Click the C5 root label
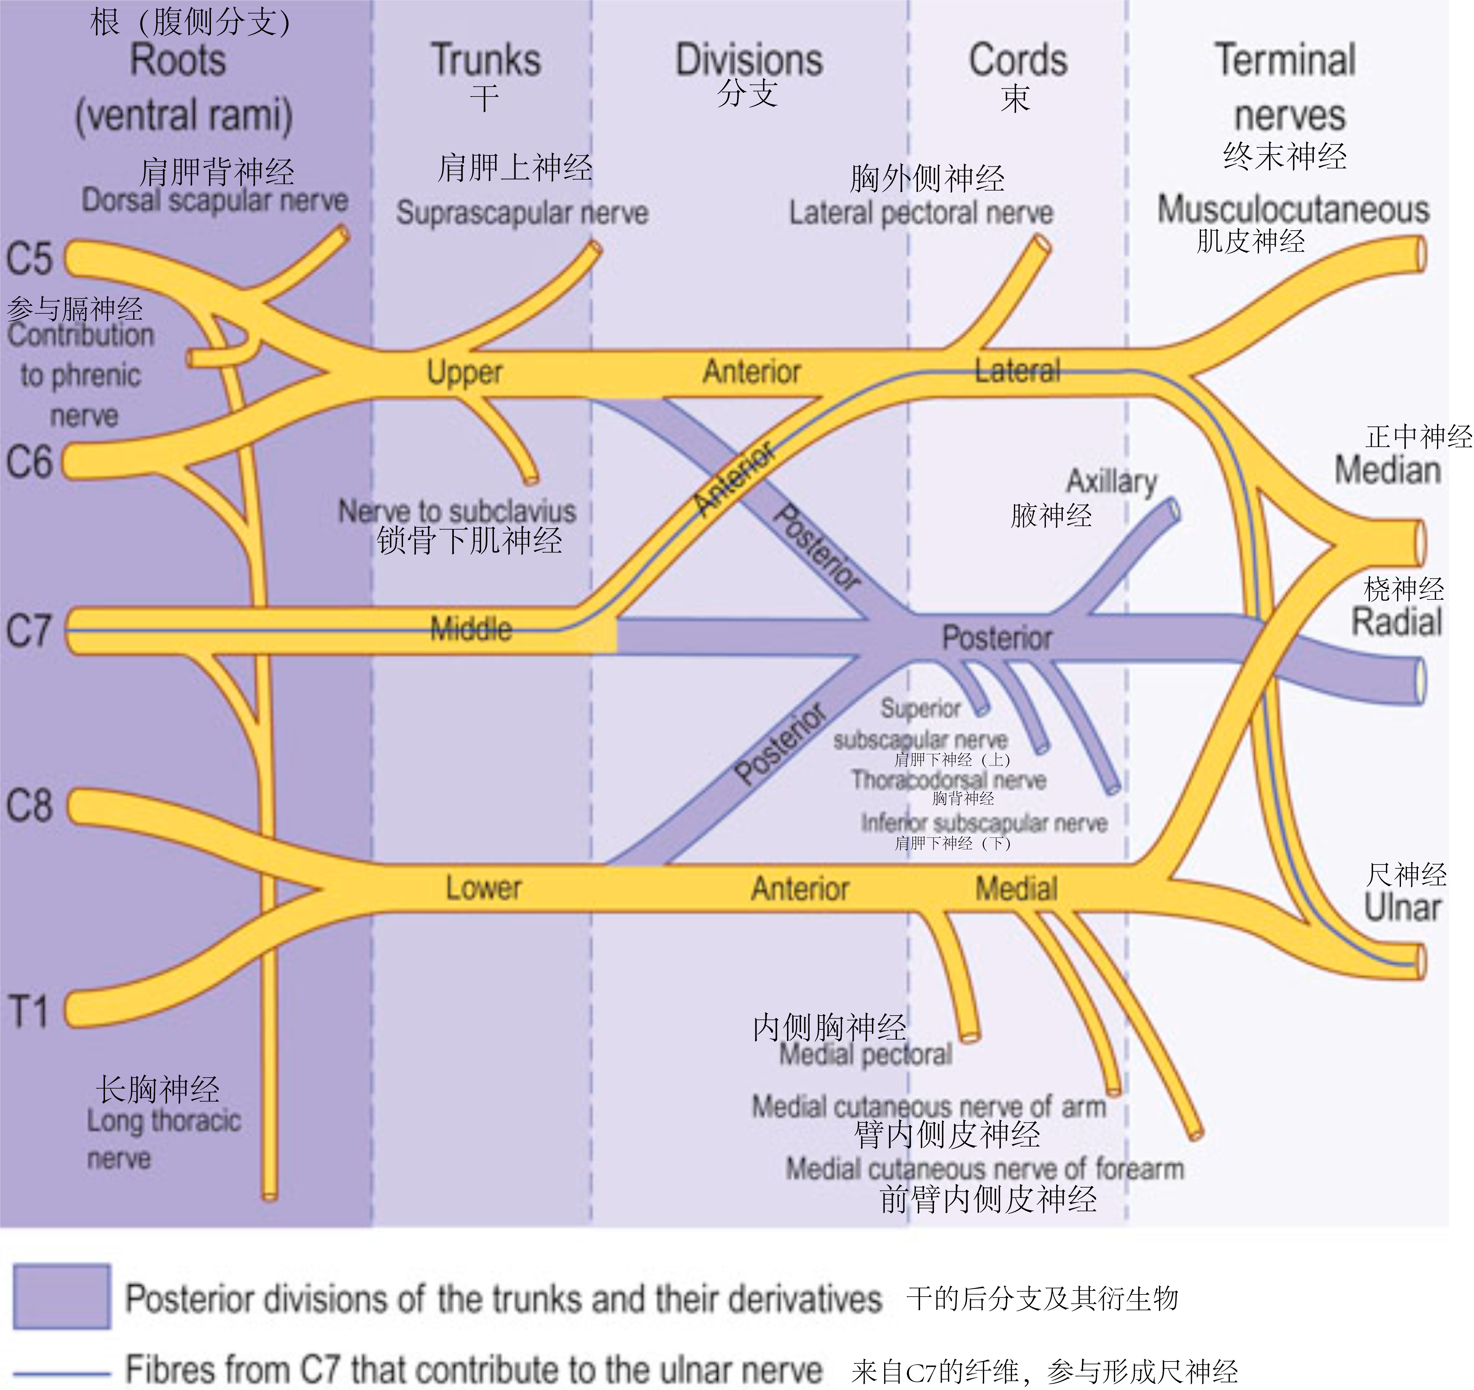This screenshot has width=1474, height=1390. (30, 259)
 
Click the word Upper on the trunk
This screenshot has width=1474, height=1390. (465, 372)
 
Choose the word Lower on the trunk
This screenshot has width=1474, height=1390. (483, 887)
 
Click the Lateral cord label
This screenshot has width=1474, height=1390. (1017, 371)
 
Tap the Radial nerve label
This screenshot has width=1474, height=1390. (1397, 621)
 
